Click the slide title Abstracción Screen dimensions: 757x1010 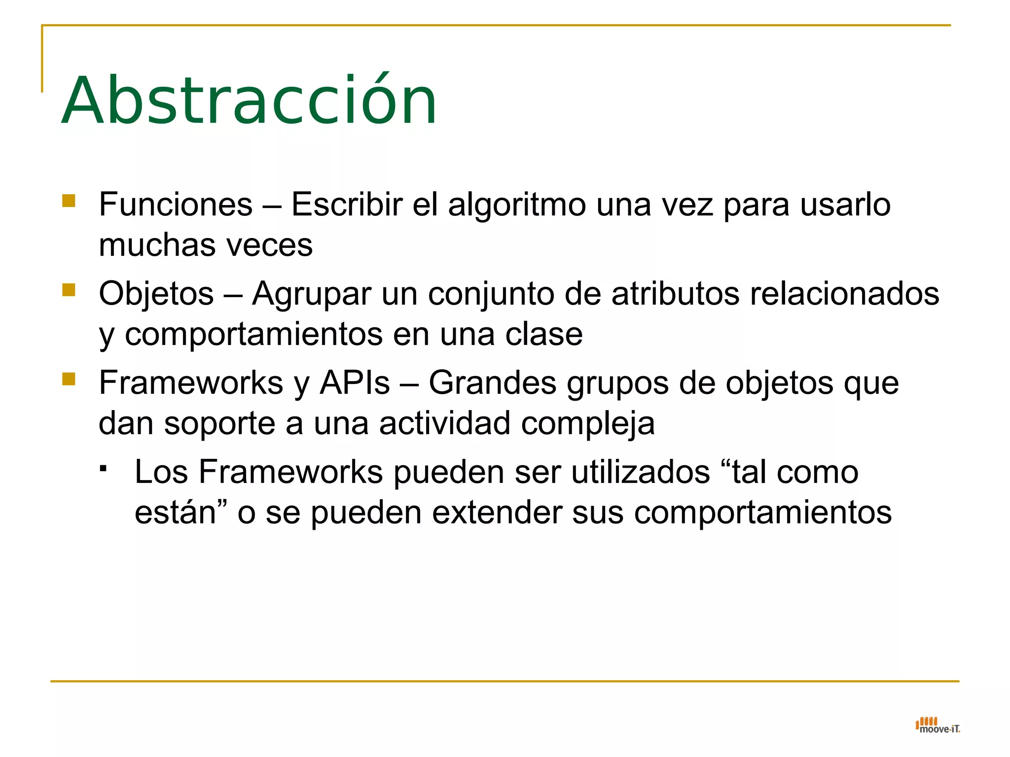click(x=249, y=101)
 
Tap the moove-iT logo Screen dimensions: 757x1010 click(x=938, y=725)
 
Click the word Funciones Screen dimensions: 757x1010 click(x=176, y=205)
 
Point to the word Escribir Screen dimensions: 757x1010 click(x=347, y=205)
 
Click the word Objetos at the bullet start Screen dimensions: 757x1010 click(x=156, y=294)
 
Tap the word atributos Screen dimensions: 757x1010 click(x=676, y=294)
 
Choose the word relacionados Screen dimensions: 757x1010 click(x=844, y=294)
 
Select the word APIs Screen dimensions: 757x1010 click(x=355, y=383)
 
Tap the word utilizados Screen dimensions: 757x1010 click(x=641, y=472)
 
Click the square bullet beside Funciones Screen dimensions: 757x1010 click(x=69, y=201)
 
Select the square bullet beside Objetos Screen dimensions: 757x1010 click(x=69, y=290)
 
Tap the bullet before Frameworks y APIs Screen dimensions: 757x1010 click(x=69, y=379)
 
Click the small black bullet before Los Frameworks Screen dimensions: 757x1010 click(x=103, y=468)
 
